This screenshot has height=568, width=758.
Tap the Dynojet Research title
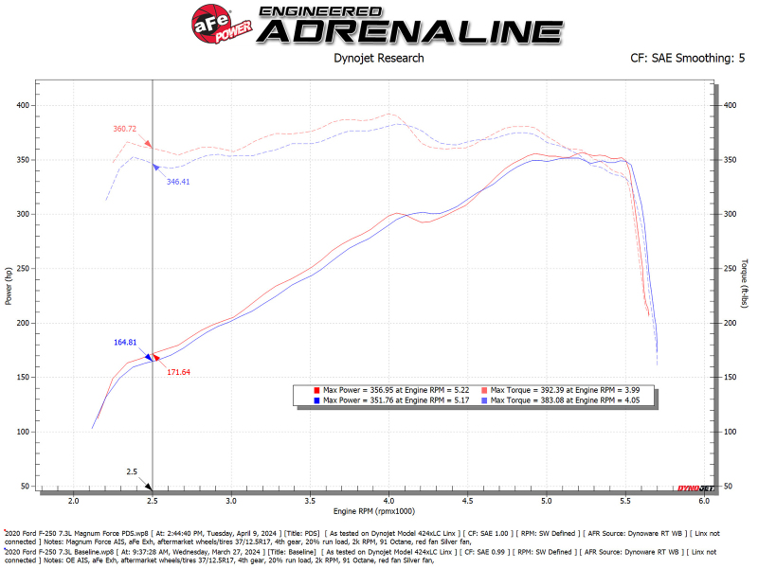pos(378,58)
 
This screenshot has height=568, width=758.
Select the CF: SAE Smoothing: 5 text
pos(680,58)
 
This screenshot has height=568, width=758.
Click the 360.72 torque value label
pos(125,129)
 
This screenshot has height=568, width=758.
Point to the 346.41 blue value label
pos(178,181)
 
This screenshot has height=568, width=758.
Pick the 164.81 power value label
pos(125,342)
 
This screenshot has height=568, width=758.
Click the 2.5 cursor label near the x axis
pos(133,470)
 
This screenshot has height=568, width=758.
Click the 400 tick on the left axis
pos(22,105)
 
